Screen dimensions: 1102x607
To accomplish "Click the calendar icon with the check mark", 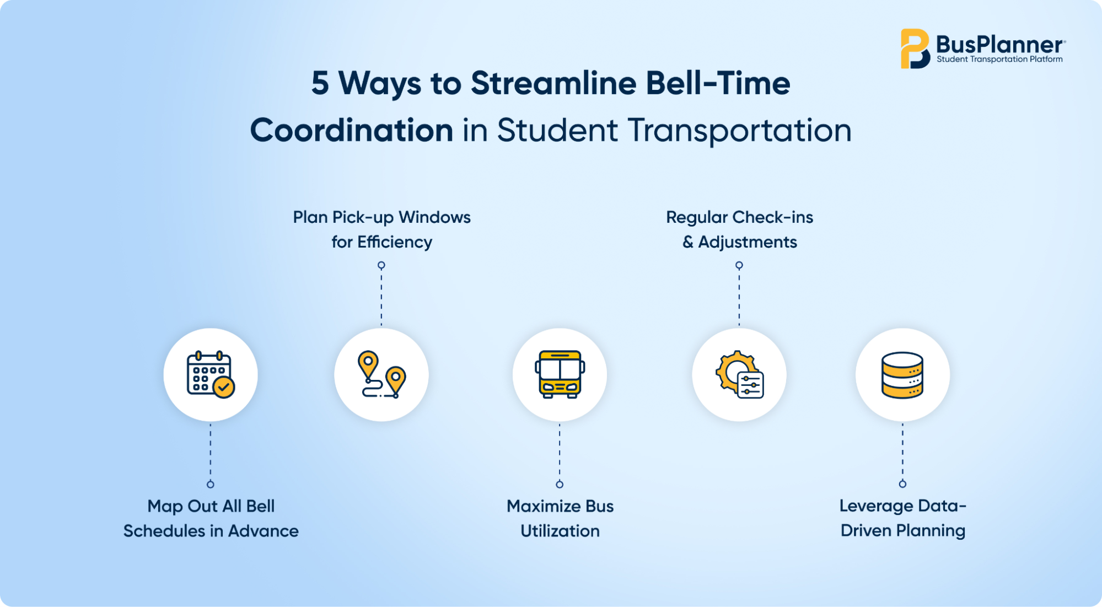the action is [211, 374].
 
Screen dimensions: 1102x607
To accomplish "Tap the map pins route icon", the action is [381, 374].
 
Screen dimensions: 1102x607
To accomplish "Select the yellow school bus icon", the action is [560, 374].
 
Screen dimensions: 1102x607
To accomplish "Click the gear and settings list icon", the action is [739, 374].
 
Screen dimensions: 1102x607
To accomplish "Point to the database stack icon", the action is [902, 375].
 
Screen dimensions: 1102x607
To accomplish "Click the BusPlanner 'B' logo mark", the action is [915, 49].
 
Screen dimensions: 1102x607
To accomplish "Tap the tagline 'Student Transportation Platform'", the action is [999, 60].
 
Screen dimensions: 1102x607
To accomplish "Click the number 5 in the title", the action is [320, 83].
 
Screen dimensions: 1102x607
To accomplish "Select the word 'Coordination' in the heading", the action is [352, 130].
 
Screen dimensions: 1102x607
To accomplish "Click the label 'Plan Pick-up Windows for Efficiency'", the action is [381, 229].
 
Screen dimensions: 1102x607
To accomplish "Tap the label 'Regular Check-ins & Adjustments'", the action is [739, 229].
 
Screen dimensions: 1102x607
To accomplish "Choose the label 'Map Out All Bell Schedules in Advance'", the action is [211, 518].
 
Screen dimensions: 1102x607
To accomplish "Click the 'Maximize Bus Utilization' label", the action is [560, 518].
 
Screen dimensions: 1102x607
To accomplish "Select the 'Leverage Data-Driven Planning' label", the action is [902, 518].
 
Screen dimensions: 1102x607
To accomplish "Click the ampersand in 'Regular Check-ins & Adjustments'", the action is [688, 242].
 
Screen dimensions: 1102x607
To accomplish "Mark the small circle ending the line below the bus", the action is [560, 484].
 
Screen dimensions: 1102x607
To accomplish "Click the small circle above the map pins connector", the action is [381, 265].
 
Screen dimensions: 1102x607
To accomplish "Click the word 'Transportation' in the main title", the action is [740, 131].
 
